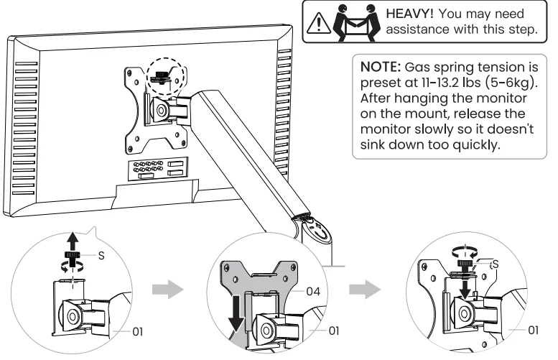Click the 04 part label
[x=315, y=291]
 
